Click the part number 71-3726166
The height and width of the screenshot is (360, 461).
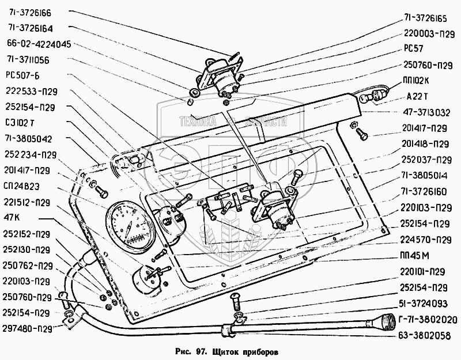click(30, 12)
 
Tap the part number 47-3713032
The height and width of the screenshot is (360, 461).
click(427, 112)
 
